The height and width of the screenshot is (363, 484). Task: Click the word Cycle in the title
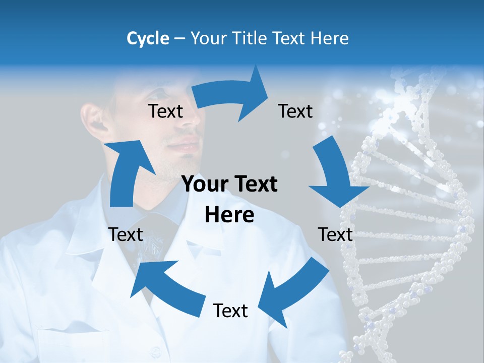[148, 38]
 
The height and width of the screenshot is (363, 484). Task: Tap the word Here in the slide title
[330, 38]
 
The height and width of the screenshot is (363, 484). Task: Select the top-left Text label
[165, 111]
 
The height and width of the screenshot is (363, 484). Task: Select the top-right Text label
[295, 111]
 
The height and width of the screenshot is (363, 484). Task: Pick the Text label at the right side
[335, 234]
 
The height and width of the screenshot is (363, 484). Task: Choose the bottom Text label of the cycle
[230, 311]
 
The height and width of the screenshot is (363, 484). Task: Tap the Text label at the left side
[126, 234]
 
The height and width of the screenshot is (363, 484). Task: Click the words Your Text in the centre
[229, 185]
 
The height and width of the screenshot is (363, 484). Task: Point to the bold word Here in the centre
[229, 215]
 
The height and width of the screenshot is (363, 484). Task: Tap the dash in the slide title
[179, 38]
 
